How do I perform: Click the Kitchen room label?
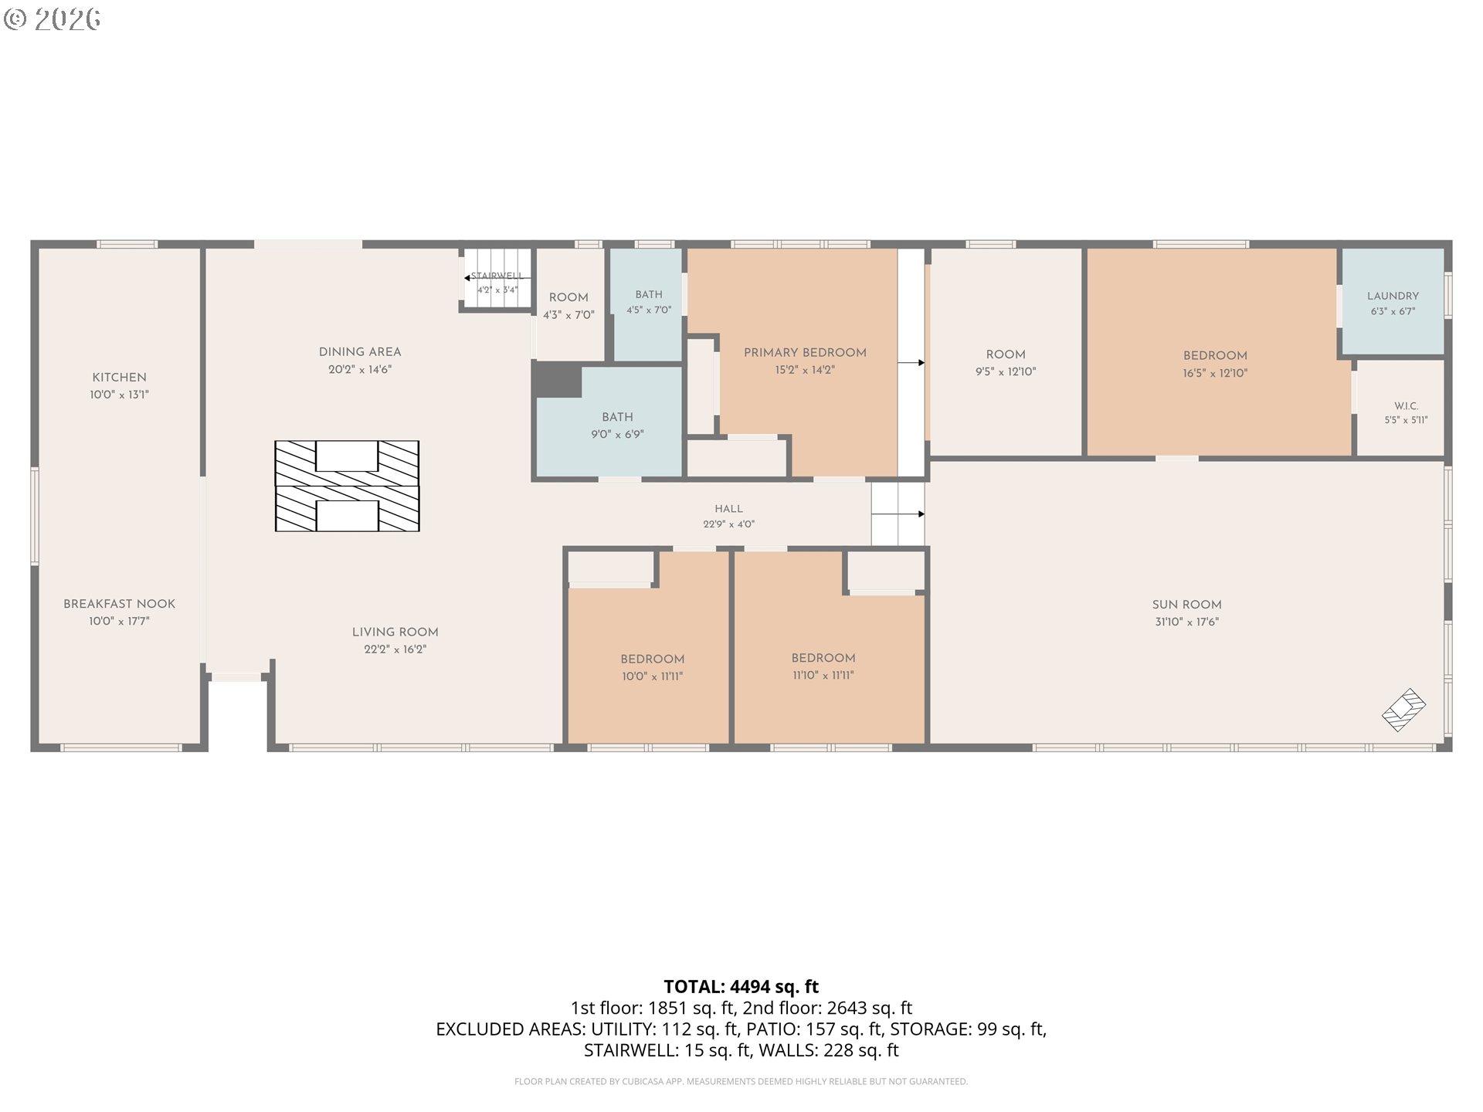(119, 378)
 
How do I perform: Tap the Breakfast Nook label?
(119, 604)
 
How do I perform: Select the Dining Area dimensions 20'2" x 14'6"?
(360, 370)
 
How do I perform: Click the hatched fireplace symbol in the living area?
(348, 486)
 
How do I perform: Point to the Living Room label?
(395, 632)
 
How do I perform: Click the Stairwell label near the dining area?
(497, 276)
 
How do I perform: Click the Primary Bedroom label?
(805, 353)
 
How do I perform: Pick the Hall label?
(729, 509)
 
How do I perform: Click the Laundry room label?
(1393, 296)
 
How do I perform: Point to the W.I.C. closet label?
(1407, 406)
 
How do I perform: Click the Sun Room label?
(1187, 605)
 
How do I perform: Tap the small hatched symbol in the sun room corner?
(1404, 710)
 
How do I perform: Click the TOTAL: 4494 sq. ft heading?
(741, 987)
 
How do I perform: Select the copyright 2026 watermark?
(52, 19)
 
